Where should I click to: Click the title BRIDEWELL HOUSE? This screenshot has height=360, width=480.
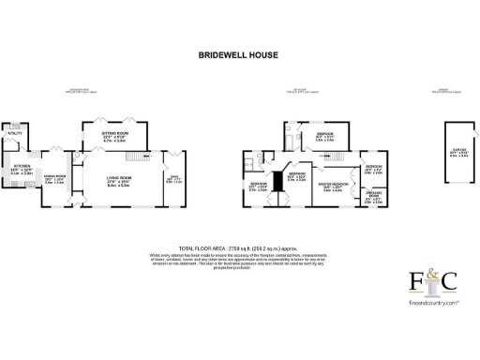pos(239,55)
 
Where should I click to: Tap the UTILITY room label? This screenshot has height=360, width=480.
pos(15,134)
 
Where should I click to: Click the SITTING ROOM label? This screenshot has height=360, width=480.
pos(114,138)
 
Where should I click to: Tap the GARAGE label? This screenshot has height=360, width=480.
pos(459,153)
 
